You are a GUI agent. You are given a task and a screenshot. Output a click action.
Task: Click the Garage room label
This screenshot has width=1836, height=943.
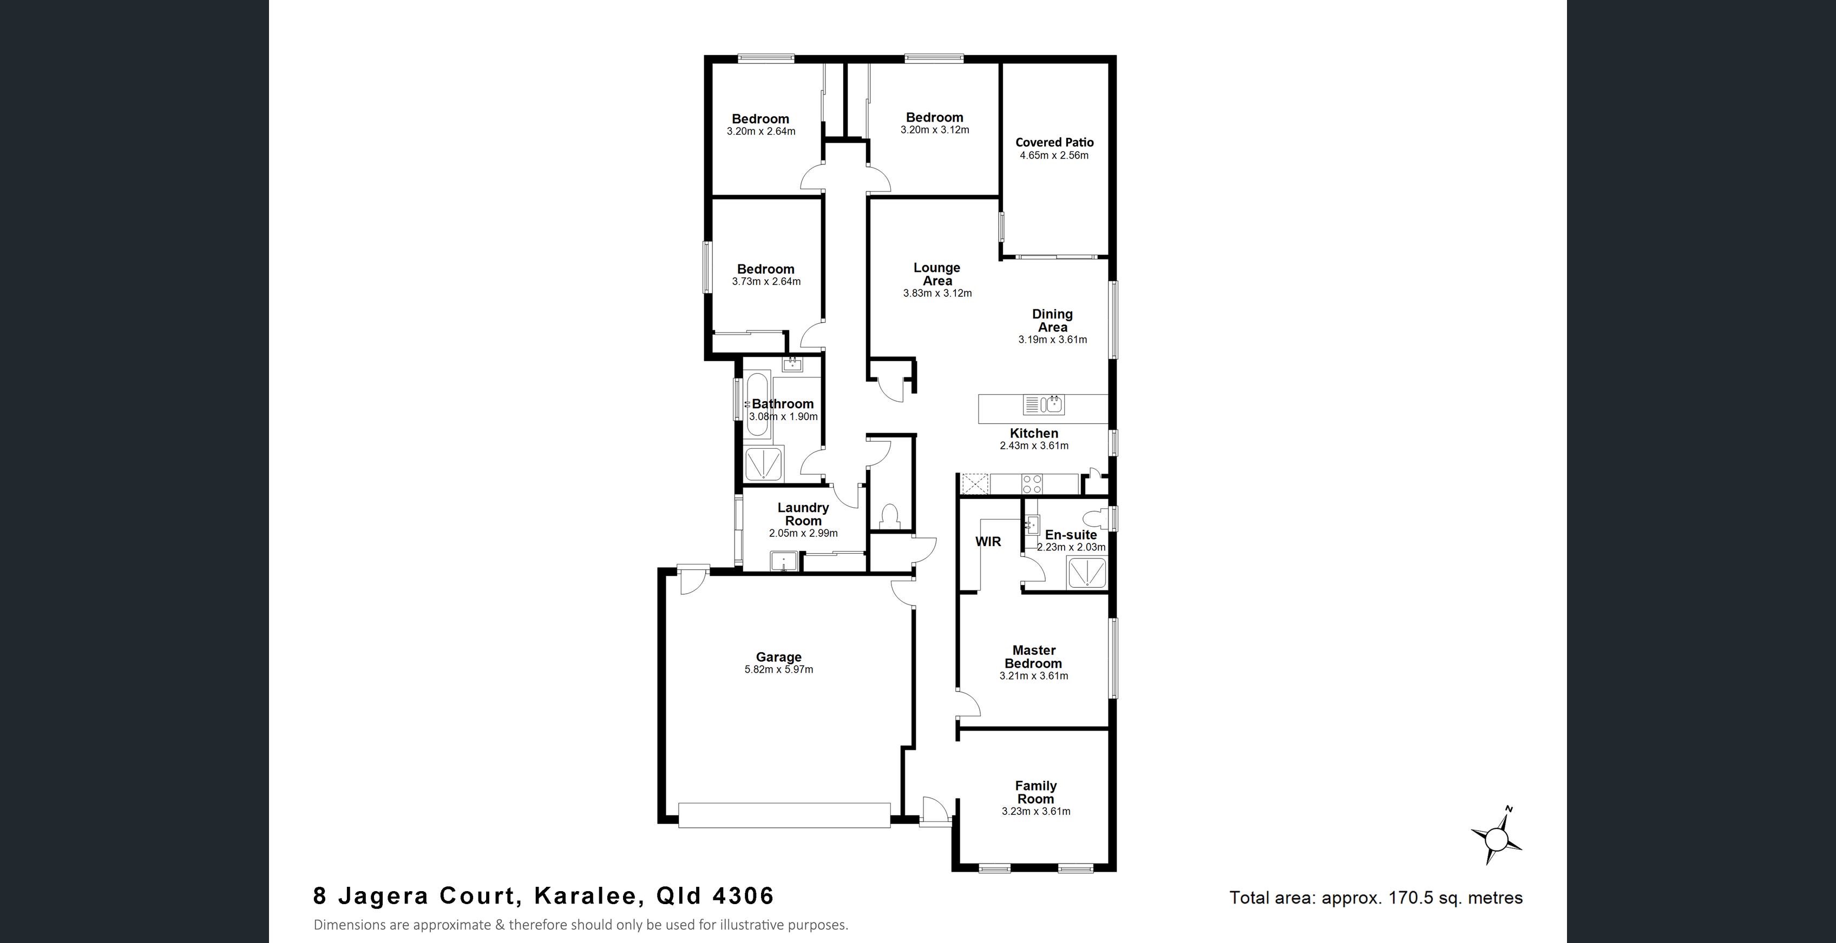pos(778,656)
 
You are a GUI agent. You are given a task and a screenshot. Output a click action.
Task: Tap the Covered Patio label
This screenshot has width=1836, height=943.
pos(1054,142)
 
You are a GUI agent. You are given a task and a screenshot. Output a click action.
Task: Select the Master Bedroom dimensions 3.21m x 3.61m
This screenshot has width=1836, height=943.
pos(1033,676)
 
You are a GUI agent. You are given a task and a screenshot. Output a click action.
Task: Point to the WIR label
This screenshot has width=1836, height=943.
pos(988,541)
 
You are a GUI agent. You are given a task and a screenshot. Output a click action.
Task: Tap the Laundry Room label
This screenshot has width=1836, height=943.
pos(803,514)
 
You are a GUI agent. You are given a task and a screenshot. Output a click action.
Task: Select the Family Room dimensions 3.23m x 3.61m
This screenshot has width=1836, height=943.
pos(1035,811)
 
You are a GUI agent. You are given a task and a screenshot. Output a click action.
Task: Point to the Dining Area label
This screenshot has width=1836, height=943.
pos(1053,321)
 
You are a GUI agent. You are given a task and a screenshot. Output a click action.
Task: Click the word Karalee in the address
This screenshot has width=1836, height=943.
pos(585,896)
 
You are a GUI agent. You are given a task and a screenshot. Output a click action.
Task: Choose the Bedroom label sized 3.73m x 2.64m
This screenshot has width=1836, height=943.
pos(765,269)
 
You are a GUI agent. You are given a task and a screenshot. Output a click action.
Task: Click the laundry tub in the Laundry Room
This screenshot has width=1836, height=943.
pos(783,562)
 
